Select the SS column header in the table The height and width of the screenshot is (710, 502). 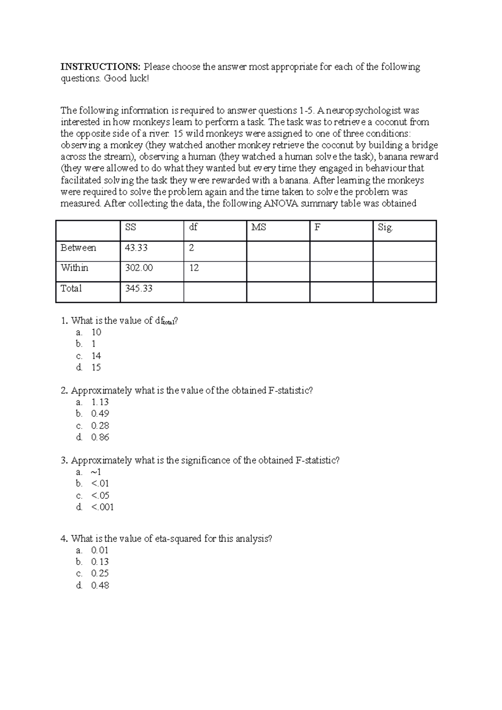click(131, 227)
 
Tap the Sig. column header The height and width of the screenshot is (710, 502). click(385, 227)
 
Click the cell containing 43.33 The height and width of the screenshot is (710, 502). click(136, 248)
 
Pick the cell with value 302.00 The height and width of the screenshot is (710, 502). click(139, 268)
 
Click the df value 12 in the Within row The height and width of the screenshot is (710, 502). click(194, 268)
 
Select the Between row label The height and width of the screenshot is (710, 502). click(78, 248)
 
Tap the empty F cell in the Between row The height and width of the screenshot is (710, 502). click(341, 251)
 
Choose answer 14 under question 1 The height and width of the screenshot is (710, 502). click(96, 356)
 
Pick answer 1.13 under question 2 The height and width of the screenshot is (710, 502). click(100, 402)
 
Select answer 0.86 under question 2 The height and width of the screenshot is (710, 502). click(100, 437)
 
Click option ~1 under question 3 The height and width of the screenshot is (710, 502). click(96, 472)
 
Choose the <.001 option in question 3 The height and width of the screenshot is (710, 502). click(102, 507)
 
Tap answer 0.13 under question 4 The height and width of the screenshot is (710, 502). click(100, 562)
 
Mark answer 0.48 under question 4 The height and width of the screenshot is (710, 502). click(100, 585)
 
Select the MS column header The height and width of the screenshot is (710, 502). click(259, 227)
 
